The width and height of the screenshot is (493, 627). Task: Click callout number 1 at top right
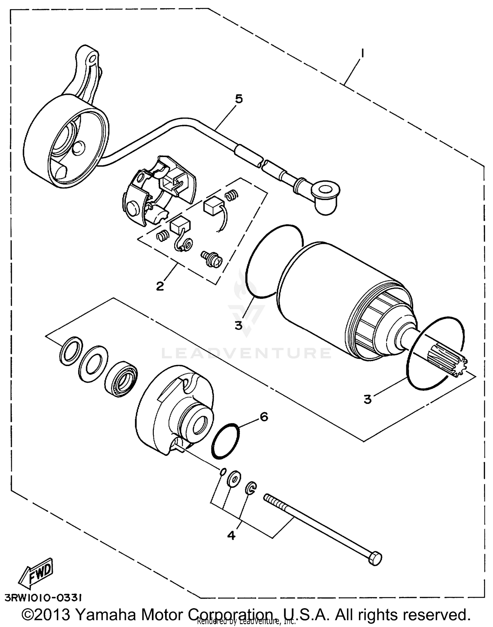click(x=362, y=53)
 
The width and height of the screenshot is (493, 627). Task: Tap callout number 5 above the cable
click(x=239, y=98)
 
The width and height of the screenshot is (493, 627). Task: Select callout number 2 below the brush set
click(x=160, y=286)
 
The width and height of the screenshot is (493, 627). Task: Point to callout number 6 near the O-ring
click(x=264, y=417)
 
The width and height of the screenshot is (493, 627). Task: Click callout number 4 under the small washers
click(x=231, y=536)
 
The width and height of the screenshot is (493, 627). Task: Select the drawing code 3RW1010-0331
click(x=44, y=597)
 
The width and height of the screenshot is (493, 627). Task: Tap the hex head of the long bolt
click(x=375, y=559)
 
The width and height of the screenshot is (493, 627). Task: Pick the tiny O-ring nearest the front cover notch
click(x=223, y=472)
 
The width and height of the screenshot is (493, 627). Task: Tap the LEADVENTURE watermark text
click(x=246, y=353)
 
